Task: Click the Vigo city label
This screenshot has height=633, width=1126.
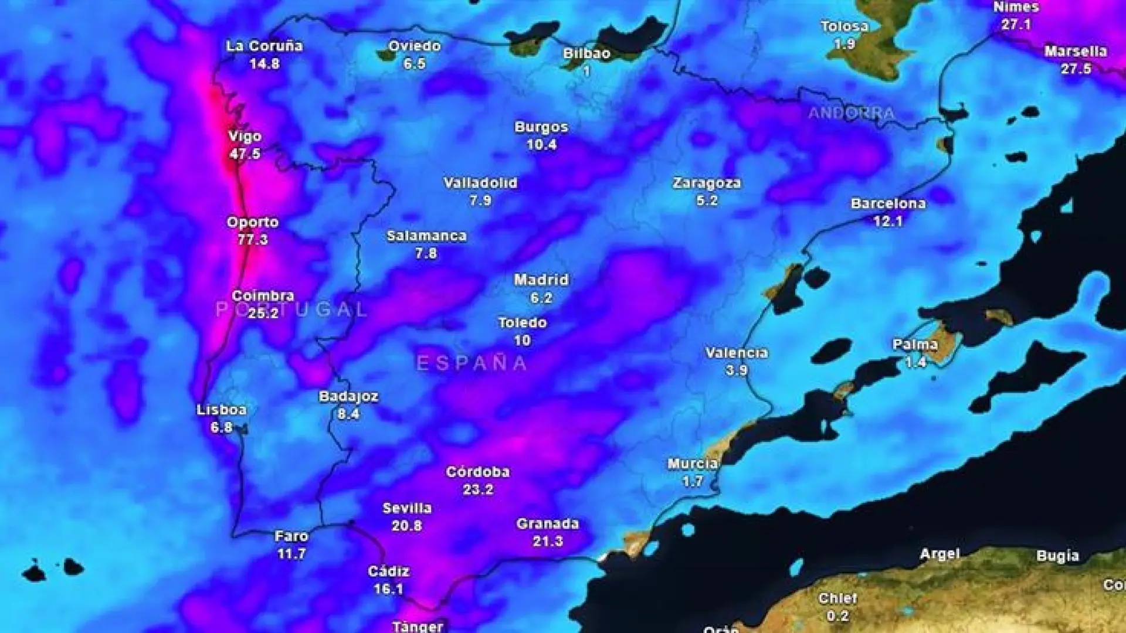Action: pyautogui.click(x=245, y=137)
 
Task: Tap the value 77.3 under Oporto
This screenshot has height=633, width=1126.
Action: pyautogui.click(x=253, y=239)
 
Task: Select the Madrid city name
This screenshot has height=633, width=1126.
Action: pyautogui.click(x=541, y=280)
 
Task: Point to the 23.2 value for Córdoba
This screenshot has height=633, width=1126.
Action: pyautogui.click(x=478, y=489)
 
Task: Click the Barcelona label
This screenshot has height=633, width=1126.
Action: pyautogui.click(x=888, y=203)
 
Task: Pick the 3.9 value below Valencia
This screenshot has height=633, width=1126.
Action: pyautogui.click(x=737, y=370)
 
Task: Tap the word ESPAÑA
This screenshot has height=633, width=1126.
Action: pyautogui.click(x=472, y=363)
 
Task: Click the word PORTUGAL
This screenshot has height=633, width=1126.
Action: pyautogui.click(x=291, y=309)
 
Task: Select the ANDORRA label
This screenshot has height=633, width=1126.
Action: pyautogui.click(x=851, y=113)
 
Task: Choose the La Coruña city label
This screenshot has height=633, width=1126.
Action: pyautogui.click(x=264, y=46)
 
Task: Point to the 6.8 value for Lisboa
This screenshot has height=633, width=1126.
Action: pyautogui.click(x=221, y=427)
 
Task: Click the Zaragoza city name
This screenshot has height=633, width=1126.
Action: pyautogui.click(x=707, y=183)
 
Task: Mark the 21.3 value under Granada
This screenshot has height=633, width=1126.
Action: pyautogui.click(x=548, y=541)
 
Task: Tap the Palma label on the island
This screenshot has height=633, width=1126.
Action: pyautogui.click(x=915, y=344)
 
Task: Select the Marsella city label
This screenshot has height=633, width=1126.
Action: pyautogui.click(x=1076, y=51)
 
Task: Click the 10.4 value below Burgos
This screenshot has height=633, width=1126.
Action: pyautogui.click(x=541, y=144)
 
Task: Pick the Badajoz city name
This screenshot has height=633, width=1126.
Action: pyautogui.click(x=348, y=396)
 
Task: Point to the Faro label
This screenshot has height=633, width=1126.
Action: pyautogui.click(x=291, y=536)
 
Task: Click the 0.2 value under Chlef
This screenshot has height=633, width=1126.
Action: pyautogui.click(x=837, y=616)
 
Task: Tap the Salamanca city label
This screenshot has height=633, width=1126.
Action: pyautogui.click(x=426, y=236)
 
